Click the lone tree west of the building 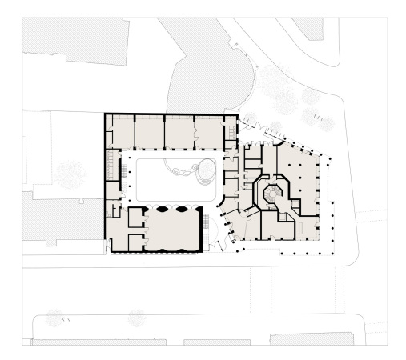tap(70, 173)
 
